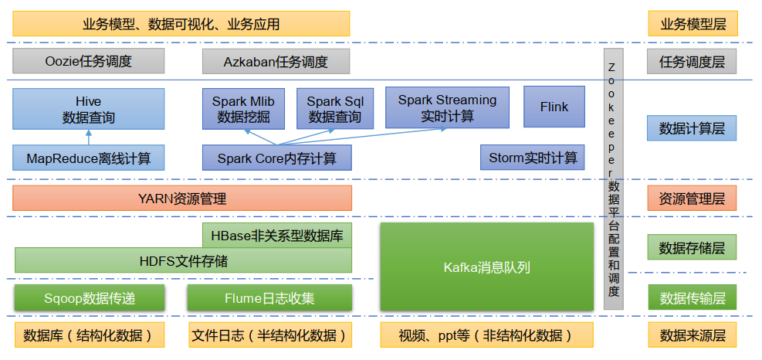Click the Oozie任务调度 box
coord(89,61)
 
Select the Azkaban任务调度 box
coord(276,62)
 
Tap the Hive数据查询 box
coord(89,109)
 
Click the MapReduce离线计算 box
coord(89,158)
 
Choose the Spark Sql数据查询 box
coord(334,109)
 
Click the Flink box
coord(554,107)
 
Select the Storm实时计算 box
coord(533,158)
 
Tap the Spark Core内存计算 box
coord(276,158)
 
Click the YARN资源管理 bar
coord(182,199)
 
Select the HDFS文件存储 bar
coord(183,260)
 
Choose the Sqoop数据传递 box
coord(89,297)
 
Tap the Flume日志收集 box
coord(269,297)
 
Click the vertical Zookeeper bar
coord(613,178)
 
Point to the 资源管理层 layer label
coord(692,199)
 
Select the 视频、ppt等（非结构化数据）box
coord(486,335)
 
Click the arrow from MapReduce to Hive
coord(89,137)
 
